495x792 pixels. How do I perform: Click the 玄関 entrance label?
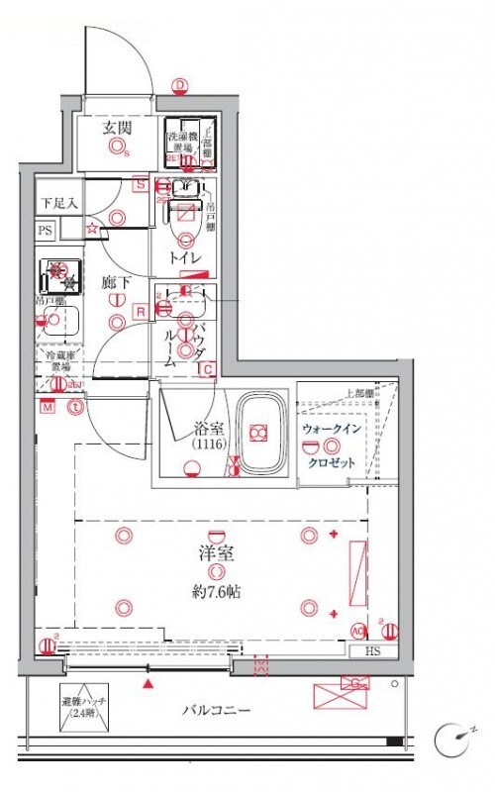116,126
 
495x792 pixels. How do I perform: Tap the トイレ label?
185,257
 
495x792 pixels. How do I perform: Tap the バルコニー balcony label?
216,710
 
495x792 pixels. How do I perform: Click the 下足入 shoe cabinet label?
54,202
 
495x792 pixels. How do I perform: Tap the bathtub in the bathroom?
260,434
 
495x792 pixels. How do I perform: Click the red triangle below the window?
149,683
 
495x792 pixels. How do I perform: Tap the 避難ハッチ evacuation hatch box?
84,706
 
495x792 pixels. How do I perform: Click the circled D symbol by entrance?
179,86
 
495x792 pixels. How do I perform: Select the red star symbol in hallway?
92,230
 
